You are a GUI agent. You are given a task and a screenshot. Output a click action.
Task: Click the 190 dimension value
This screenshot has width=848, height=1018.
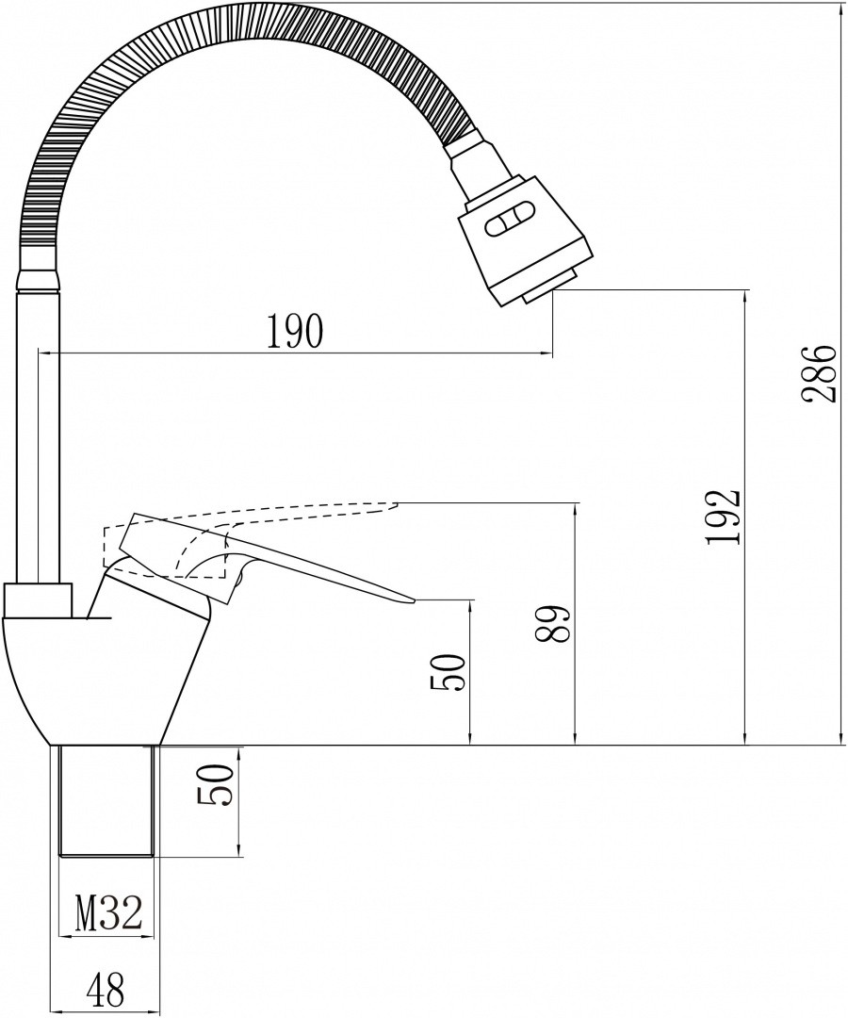point(294,331)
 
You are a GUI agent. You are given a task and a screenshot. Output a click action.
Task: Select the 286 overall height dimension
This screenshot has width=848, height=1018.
point(817,374)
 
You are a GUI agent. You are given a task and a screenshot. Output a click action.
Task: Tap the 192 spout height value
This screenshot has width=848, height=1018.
point(723,517)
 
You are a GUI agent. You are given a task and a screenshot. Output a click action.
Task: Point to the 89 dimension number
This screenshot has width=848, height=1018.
point(552,625)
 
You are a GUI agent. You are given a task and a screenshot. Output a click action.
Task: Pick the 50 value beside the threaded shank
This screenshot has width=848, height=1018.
point(215,785)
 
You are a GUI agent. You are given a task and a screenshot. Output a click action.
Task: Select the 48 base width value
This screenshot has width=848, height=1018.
point(105,990)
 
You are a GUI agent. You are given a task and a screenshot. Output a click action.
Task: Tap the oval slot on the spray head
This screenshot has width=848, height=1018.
point(510,222)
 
